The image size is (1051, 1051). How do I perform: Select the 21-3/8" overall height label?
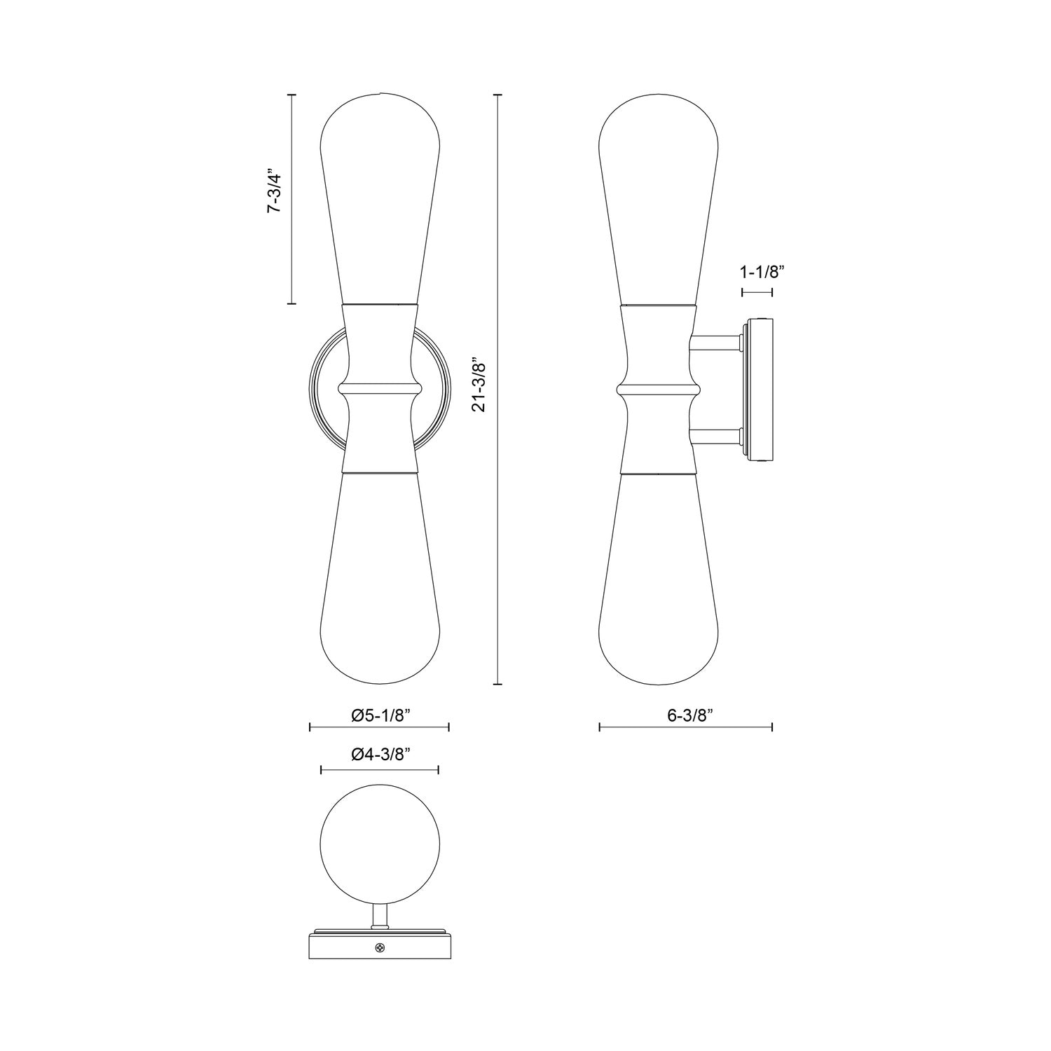[479, 386]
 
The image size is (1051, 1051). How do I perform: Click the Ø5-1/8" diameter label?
[380, 715]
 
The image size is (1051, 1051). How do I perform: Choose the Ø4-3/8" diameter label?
[380, 754]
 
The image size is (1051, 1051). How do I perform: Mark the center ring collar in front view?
[379, 387]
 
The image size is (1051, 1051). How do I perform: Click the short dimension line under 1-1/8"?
[757, 292]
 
